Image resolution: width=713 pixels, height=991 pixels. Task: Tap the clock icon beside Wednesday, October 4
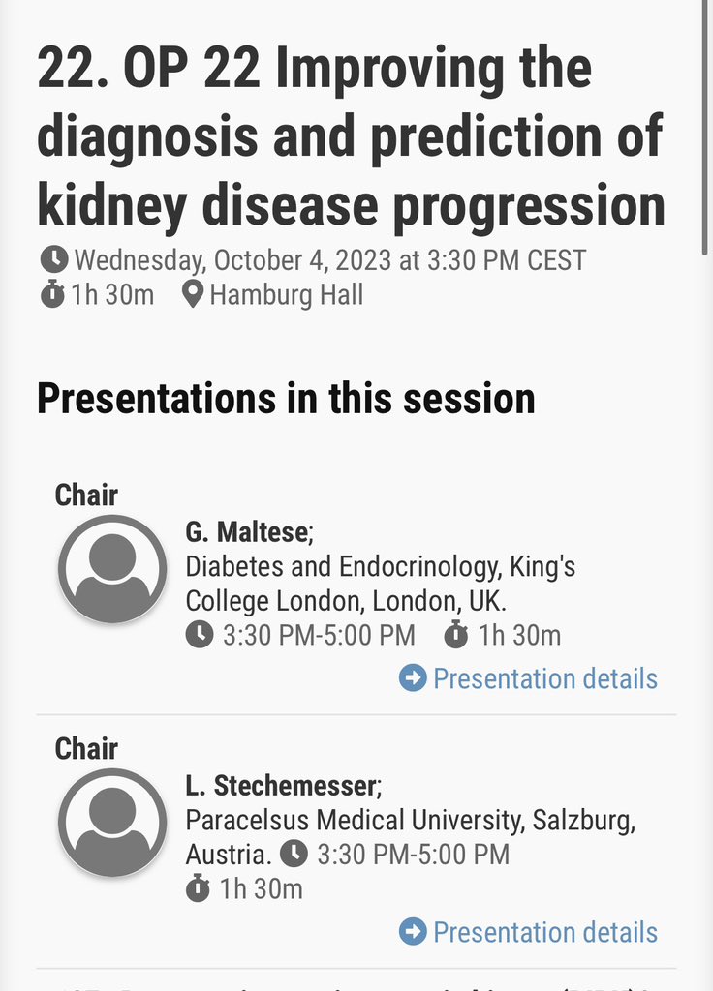(x=54, y=259)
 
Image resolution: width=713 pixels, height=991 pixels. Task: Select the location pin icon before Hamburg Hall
(x=193, y=294)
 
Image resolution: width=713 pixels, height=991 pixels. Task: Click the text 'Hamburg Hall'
(x=286, y=294)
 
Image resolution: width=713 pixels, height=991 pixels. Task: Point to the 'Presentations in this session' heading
(x=286, y=399)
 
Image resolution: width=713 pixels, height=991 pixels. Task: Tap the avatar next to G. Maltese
(x=112, y=568)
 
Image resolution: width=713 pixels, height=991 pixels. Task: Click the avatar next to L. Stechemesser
(x=112, y=822)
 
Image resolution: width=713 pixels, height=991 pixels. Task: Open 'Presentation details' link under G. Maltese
(x=544, y=678)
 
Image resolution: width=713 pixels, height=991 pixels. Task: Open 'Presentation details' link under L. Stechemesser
(x=544, y=932)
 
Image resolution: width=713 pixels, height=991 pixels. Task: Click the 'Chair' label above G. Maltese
(x=86, y=495)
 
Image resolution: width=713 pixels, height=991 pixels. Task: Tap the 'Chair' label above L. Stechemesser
(x=86, y=748)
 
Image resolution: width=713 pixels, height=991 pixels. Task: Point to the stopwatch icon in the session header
(x=52, y=294)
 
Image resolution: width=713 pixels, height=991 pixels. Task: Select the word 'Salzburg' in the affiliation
(x=583, y=821)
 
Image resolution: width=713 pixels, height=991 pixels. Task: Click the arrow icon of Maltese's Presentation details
(x=413, y=678)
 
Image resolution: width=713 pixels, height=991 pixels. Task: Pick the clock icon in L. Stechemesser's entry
(x=294, y=855)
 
